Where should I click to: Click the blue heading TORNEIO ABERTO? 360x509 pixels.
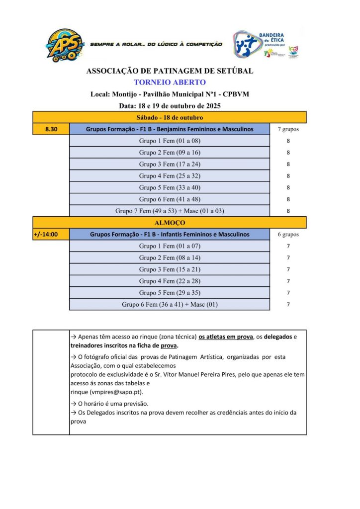pyautogui.click(x=170, y=82)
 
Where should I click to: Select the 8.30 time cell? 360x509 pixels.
pyautogui.click(x=51, y=129)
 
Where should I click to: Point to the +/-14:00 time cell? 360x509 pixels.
pyautogui.click(x=51, y=234)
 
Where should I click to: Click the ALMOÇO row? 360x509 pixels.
pyautogui.click(x=170, y=223)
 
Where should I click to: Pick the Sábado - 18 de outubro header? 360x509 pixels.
pyautogui.click(x=170, y=118)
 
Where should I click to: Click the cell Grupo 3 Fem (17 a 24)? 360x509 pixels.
pyautogui.click(x=170, y=164)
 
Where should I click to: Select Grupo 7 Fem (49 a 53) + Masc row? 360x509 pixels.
pyautogui.click(x=170, y=211)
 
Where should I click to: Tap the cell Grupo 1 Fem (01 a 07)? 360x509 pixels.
pyautogui.click(x=170, y=246)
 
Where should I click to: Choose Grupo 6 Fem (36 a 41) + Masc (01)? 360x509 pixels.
pyautogui.click(x=170, y=304)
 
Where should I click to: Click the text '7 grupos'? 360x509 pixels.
pyautogui.click(x=288, y=129)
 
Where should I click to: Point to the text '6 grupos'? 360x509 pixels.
pyautogui.click(x=288, y=234)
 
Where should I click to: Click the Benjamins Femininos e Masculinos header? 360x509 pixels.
pyautogui.click(x=170, y=129)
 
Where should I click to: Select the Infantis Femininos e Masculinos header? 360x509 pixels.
pyautogui.click(x=170, y=234)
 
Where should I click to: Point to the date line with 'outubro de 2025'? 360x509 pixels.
pyautogui.click(x=170, y=106)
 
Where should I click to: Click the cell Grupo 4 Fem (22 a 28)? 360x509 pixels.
pyautogui.click(x=170, y=281)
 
